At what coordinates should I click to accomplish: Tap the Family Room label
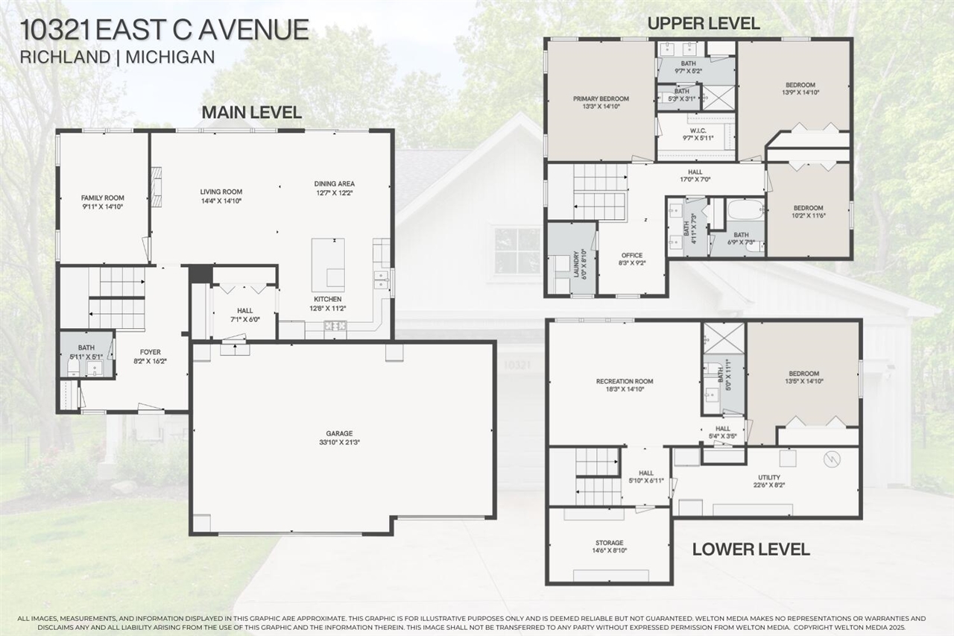click(103, 198)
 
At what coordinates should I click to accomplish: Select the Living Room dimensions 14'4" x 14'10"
click(221, 201)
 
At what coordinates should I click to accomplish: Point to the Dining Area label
click(334, 183)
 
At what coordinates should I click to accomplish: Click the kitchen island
click(328, 264)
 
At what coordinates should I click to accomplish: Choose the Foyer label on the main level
click(151, 352)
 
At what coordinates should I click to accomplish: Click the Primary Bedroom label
click(601, 98)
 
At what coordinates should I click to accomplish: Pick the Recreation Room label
click(625, 382)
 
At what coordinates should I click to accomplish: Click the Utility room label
click(769, 477)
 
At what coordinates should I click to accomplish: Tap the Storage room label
click(610, 543)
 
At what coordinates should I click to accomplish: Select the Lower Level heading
click(751, 550)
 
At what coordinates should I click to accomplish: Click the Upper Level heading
click(704, 23)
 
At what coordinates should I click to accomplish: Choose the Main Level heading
click(251, 113)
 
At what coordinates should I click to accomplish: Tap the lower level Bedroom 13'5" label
click(803, 374)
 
